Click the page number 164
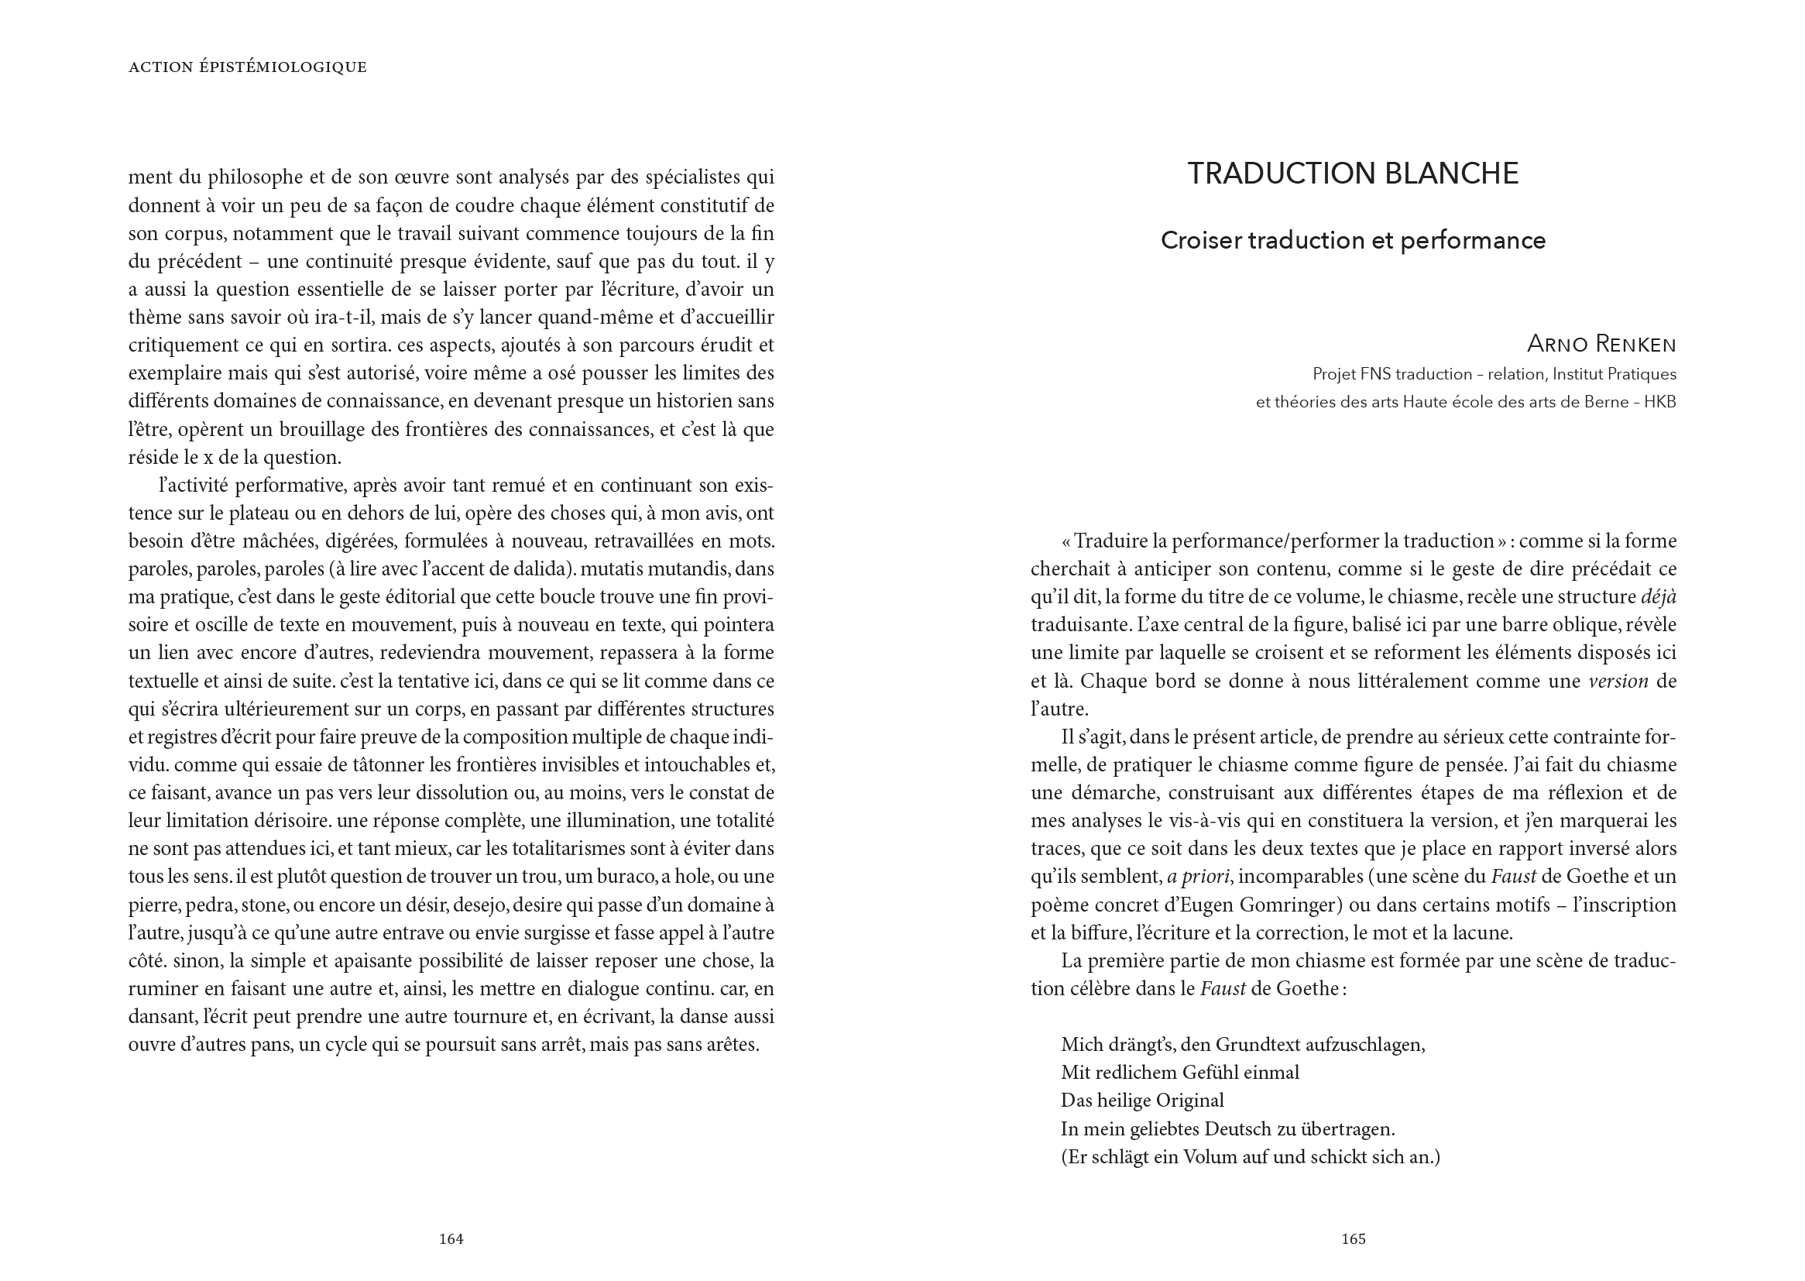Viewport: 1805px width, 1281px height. (x=451, y=1239)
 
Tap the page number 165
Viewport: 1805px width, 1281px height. (x=1353, y=1239)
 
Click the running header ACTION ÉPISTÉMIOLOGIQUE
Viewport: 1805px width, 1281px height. (x=248, y=67)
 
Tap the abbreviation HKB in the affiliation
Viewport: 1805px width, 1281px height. (x=1659, y=402)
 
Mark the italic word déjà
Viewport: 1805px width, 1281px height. (x=1659, y=597)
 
